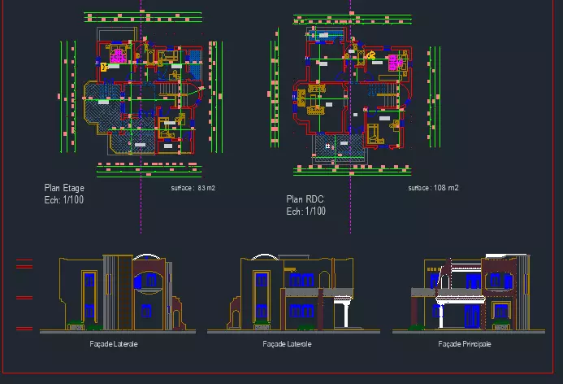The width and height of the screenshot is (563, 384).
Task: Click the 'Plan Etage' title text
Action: tap(64, 188)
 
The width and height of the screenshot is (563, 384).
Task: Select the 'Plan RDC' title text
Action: tap(304, 199)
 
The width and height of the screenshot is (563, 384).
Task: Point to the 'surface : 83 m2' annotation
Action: tap(193, 188)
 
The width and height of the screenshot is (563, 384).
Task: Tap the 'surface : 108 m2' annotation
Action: tap(433, 188)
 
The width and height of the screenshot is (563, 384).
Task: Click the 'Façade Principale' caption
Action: tap(465, 344)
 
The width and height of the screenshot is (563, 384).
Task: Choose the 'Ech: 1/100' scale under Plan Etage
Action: tap(64, 199)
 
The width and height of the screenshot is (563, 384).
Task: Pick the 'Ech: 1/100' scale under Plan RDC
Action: tap(306, 212)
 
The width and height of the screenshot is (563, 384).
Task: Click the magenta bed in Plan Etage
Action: tap(118, 55)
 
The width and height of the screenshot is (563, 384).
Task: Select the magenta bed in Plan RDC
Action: tap(396, 63)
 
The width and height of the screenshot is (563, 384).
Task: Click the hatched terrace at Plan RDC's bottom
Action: tap(340, 146)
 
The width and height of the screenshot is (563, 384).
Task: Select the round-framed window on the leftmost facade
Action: tap(148, 281)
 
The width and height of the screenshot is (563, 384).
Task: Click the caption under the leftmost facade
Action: tap(114, 344)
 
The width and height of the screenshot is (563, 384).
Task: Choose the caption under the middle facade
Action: tap(288, 344)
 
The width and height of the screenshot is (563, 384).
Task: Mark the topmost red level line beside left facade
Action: tap(24, 260)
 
